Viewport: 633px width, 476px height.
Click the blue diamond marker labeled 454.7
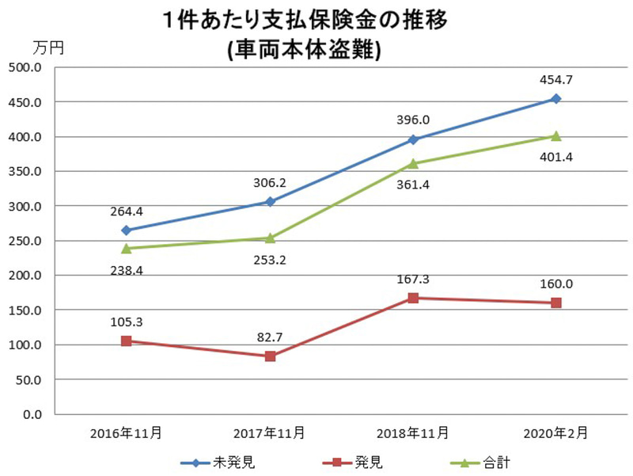tap(555, 99)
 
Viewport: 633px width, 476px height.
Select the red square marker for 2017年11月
tap(270, 356)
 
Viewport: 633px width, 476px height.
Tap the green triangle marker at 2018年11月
tap(413, 163)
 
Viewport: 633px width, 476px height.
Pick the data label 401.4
tap(555, 157)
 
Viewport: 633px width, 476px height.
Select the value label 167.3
tap(414, 280)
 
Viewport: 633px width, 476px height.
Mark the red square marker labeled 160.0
tap(555, 303)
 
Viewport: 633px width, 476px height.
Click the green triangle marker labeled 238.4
tap(126, 248)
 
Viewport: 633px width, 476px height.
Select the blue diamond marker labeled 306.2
tap(270, 202)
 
